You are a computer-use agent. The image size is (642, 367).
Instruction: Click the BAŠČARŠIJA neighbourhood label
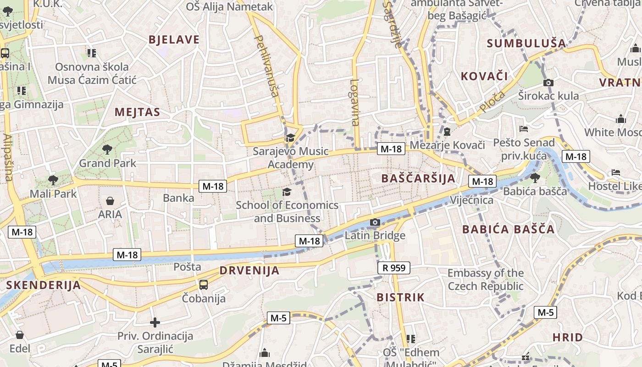click(x=418, y=178)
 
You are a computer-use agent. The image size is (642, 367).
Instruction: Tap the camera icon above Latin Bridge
click(x=375, y=222)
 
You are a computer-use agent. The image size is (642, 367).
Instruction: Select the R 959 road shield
click(x=393, y=268)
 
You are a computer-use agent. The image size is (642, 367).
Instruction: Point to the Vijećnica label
click(x=471, y=200)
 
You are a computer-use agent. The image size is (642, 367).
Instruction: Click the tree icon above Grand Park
click(x=107, y=149)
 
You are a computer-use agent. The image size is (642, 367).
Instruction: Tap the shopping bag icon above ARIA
click(x=110, y=201)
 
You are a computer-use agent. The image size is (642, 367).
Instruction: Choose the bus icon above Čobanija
click(x=204, y=285)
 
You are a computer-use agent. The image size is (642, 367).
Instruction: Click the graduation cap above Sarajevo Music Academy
click(x=290, y=138)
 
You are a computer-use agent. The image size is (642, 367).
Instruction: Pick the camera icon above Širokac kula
click(x=548, y=83)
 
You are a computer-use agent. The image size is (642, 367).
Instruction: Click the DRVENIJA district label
click(x=249, y=270)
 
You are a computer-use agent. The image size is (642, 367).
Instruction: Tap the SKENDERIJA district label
click(x=43, y=285)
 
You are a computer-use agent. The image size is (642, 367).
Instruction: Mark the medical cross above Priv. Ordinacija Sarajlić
click(x=155, y=323)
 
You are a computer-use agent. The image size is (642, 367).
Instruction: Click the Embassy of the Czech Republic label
click(x=486, y=279)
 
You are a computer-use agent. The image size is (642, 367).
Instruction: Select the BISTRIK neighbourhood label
click(x=401, y=297)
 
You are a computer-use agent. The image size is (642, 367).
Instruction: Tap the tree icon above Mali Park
click(x=53, y=179)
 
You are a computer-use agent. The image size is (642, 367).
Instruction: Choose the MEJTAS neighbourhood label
click(x=138, y=112)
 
